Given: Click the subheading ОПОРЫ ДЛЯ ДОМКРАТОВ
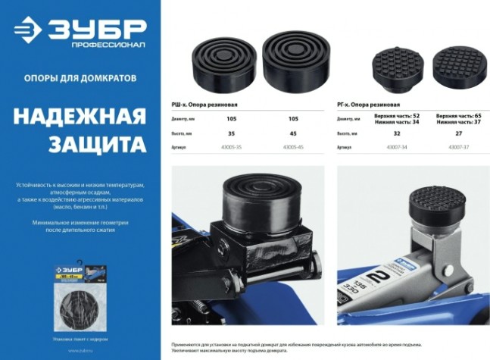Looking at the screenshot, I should point(80,77).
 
